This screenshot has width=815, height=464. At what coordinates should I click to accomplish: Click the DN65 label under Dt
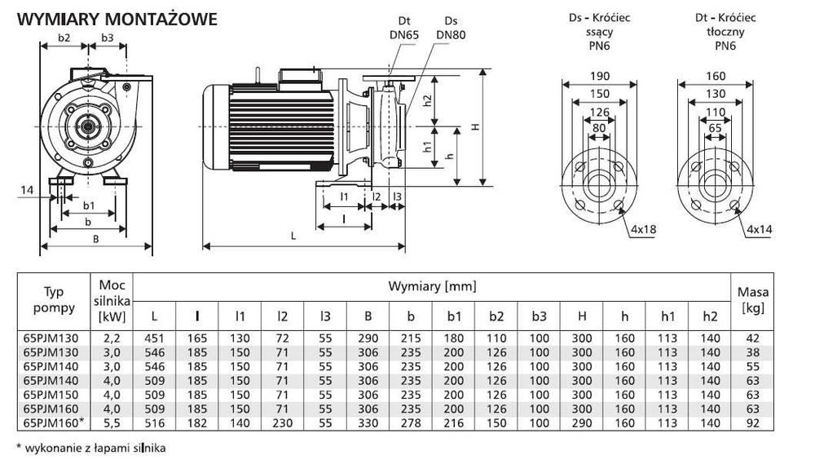tap(409, 34)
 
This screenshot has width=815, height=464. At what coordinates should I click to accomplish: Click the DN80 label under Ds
tap(451, 34)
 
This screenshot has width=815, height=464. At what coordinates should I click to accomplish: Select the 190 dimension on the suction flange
tap(598, 77)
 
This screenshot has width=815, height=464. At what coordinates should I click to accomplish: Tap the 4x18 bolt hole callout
tap(643, 230)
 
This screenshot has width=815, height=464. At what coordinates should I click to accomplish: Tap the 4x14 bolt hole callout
tap(759, 230)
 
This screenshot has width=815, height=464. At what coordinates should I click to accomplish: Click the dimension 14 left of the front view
tap(27, 189)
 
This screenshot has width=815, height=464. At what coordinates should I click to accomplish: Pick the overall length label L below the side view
tap(293, 236)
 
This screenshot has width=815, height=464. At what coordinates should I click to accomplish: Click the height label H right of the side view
tap(475, 127)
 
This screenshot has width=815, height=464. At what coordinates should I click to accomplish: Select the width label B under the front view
tap(96, 239)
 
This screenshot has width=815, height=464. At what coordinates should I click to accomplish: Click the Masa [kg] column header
tap(752, 299)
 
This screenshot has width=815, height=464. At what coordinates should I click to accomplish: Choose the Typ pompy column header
tap(54, 299)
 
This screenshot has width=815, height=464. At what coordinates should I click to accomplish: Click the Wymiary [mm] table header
tap(432, 286)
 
